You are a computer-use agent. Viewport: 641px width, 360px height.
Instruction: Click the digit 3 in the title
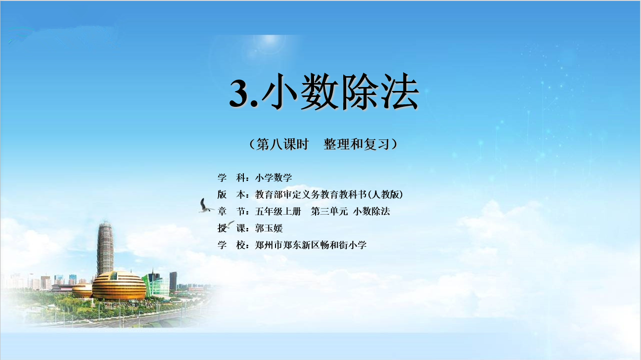240,92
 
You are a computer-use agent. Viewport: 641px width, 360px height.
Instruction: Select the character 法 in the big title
400,91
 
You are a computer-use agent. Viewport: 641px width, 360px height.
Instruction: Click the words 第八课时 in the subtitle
282,144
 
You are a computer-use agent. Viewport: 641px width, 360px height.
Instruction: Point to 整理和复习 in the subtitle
357,144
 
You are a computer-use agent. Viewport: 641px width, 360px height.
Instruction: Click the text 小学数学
274,178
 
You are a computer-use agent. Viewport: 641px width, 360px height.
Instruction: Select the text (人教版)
385,195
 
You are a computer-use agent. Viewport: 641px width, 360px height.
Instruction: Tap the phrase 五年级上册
278,212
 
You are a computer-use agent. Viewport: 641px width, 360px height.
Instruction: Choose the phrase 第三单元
329,212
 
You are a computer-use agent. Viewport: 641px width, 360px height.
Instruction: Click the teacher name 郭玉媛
269,228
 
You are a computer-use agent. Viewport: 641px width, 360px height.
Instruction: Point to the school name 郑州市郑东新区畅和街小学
311,245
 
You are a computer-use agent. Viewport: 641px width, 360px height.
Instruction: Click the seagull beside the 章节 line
205,206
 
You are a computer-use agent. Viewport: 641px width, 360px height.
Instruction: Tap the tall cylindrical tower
105,248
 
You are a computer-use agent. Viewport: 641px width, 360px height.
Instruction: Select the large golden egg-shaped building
119,286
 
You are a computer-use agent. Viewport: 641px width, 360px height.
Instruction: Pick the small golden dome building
82,290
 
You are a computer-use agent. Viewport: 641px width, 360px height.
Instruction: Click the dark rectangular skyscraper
173,281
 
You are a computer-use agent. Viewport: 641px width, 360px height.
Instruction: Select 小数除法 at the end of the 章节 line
371,212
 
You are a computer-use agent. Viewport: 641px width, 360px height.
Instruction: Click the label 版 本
231,195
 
